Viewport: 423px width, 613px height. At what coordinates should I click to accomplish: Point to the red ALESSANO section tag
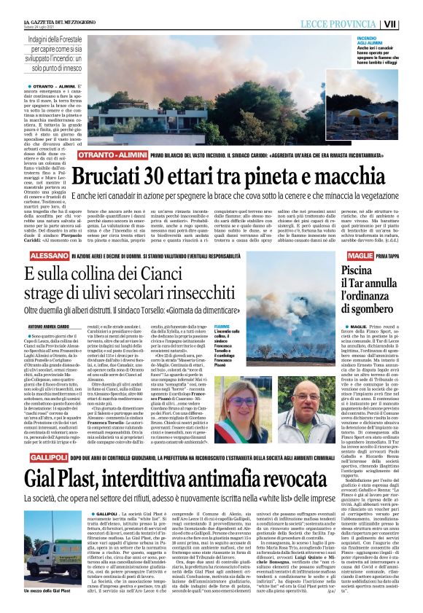pyautogui.click(x=43, y=257)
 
